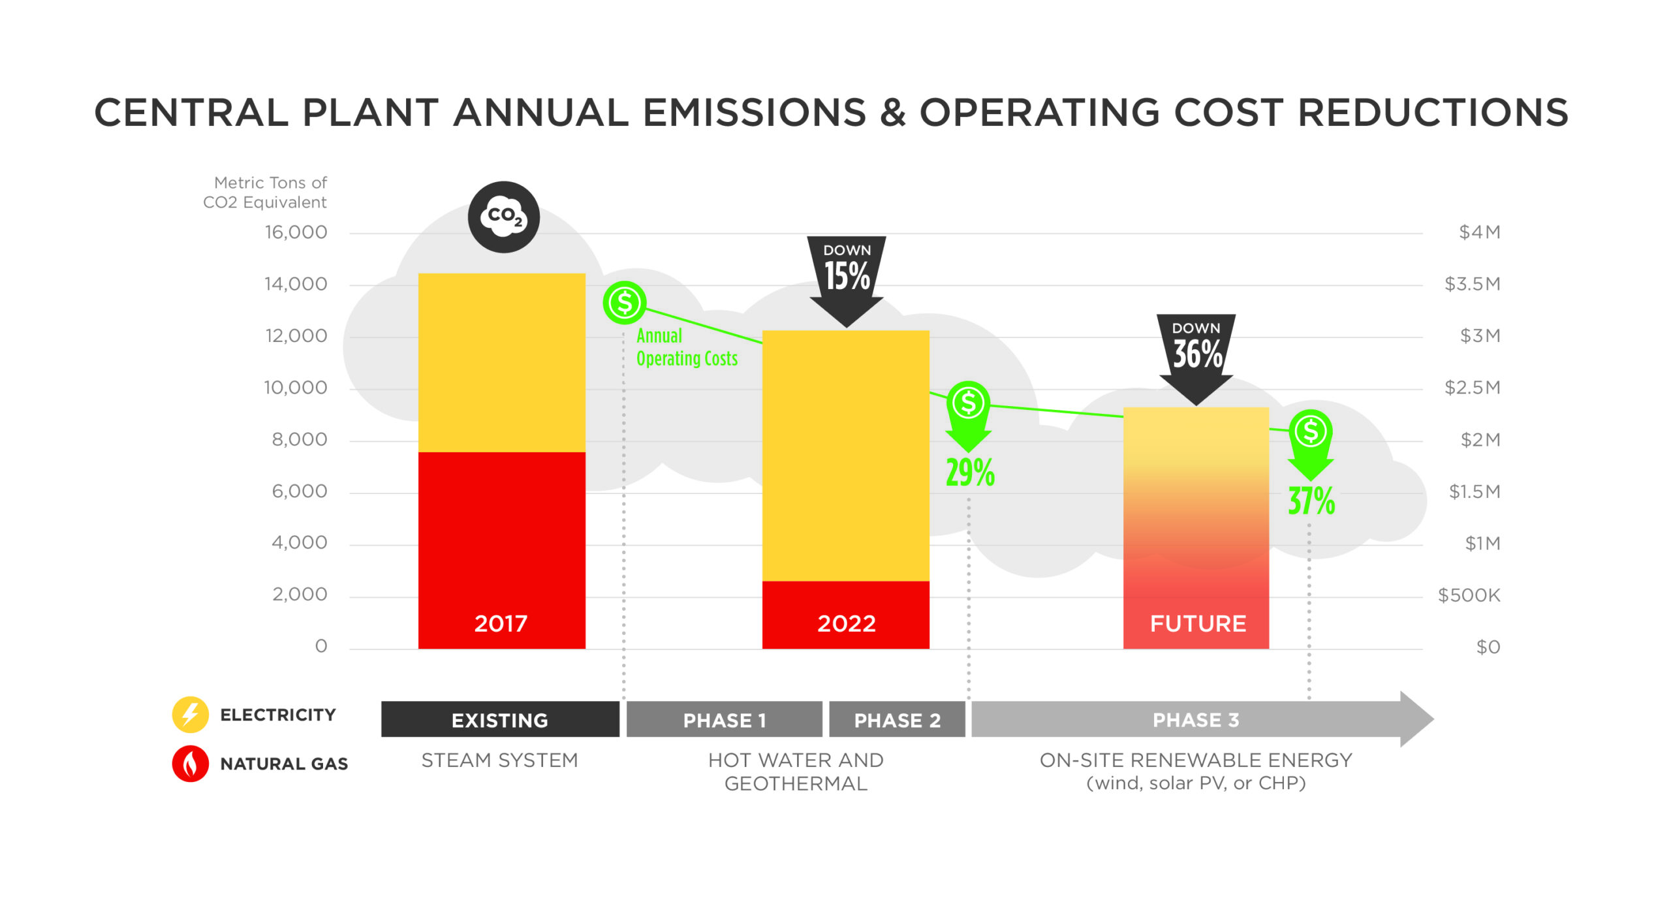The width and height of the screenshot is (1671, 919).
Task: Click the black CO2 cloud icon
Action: (x=503, y=217)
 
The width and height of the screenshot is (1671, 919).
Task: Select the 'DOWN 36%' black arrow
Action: (x=1196, y=356)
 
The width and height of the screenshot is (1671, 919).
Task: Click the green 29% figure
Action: (x=970, y=473)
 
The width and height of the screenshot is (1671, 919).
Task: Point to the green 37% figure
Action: (x=1311, y=501)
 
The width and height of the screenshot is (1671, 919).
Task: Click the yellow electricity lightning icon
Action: (x=190, y=714)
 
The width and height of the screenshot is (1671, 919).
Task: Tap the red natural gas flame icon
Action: (x=190, y=763)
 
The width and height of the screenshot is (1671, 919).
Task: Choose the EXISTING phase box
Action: (x=500, y=719)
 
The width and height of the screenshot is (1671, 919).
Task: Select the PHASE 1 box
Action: (x=724, y=719)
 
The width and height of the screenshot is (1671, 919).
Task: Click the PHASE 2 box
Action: (x=897, y=719)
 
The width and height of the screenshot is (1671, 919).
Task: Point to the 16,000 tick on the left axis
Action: (x=296, y=232)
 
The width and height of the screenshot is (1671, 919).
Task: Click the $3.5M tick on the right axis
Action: (x=1472, y=284)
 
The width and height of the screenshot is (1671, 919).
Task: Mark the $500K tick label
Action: (x=1469, y=595)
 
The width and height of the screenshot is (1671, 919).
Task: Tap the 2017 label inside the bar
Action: (x=501, y=623)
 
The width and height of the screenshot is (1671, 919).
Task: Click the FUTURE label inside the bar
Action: (x=1198, y=623)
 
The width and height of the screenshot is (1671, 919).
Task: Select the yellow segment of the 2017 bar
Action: (x=501, y=362)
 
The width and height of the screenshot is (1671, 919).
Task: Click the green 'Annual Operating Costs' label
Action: (x=686, y=347)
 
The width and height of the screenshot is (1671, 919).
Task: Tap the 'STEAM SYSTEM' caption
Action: (x=499, y=760)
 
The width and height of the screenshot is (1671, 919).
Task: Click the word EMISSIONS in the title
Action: (x=755, y=112)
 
